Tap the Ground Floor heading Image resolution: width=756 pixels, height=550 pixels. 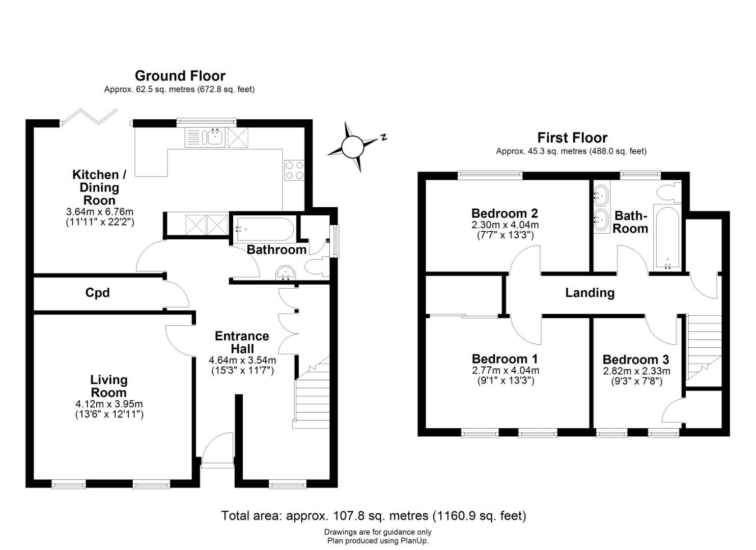pos(180,76)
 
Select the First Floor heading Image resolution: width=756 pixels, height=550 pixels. pos(572,138)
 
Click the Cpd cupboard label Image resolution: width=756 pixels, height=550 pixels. pos(97,293)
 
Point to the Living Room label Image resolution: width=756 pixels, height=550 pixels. pos(108,386)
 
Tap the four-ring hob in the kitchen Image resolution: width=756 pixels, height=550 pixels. pos(294,170)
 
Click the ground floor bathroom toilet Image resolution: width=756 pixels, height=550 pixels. pos(316,266)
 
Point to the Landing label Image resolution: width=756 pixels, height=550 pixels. pos(590,293)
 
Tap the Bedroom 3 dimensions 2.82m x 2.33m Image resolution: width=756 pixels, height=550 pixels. pos(636,371)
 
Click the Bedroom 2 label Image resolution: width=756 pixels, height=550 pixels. pos(504,213)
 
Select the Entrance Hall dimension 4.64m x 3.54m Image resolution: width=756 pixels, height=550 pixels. pos(242,360)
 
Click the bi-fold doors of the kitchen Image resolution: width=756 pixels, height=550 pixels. pos(89,117)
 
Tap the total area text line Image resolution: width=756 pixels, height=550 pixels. pos(373,516)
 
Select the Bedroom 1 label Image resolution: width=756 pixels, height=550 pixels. pos(505,359)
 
